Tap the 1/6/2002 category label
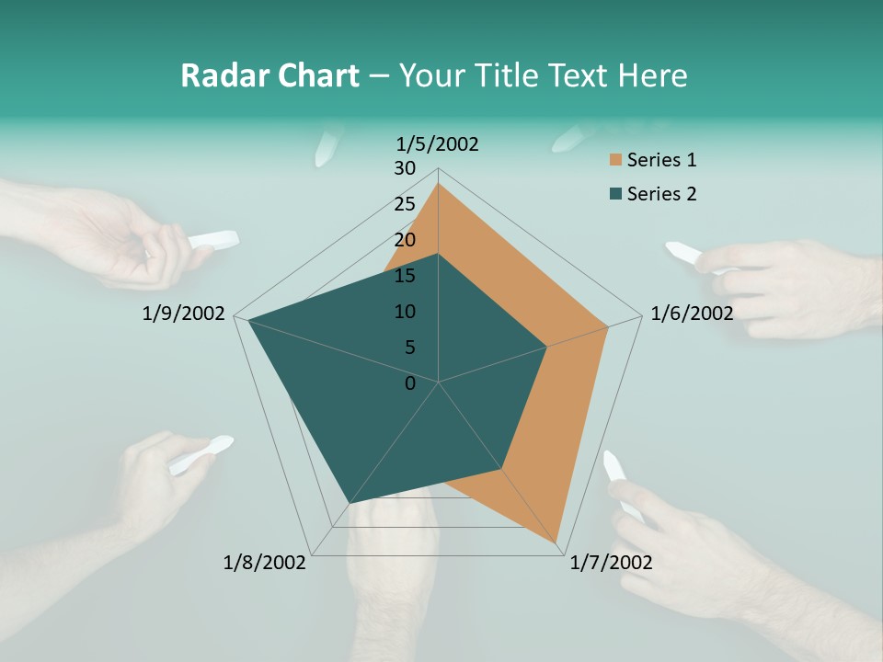coord(692,314)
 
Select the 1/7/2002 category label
coord(611,563)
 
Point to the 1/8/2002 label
coord(265,563)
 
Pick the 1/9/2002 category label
coord(184,314)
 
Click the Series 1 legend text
coord(661,160)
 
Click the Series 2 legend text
coord(661,194)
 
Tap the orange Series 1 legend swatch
coord(615,161)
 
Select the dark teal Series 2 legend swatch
coord(615,194)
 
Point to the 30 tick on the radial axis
coord(405,168)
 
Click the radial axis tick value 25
coord(405,204)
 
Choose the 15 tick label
coord(405,276)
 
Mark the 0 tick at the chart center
coord(410,383)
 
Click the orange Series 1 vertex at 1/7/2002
coord(556,543)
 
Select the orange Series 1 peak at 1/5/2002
coord(439,184)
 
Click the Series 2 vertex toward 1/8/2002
coord(349,504)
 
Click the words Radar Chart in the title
coord(269,75)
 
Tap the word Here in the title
coord(653,75)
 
